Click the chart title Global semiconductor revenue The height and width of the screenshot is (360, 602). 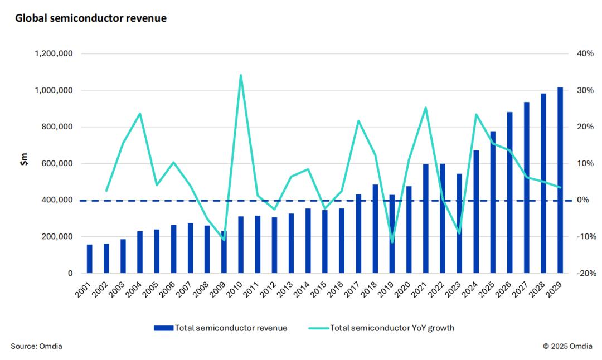(x=91, y=18)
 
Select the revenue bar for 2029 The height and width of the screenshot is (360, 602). (x=560, y=181)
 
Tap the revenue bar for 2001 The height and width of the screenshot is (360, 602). (x=90, y=259)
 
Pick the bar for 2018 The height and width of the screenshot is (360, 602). (x=375, y=229)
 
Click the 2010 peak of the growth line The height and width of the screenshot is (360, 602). (x=240, y=75)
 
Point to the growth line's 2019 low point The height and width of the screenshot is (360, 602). (x=392, y=242)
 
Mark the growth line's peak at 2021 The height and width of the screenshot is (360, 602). (x=425, y=108)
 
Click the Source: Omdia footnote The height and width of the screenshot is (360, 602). (x=37, y=347)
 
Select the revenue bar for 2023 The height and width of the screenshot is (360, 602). (x=459, y=223)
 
